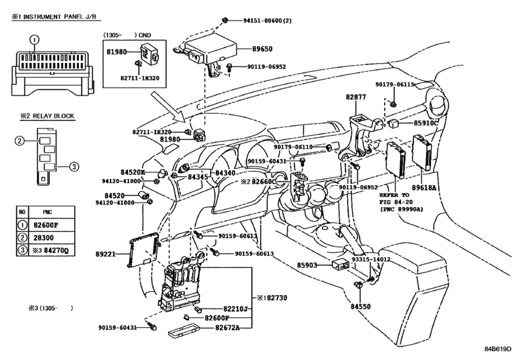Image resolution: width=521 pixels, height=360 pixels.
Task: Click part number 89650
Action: click(x=262, y=49)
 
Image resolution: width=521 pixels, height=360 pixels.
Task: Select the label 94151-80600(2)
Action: click(x=267, y=21)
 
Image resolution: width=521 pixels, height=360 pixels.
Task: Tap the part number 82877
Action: click(x=356, y=97)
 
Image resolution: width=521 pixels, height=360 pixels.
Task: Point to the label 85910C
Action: click(x=426, y=123)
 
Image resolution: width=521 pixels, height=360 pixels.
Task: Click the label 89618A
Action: click(x=423, y=188)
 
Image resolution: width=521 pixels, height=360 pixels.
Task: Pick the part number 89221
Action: click(x=105, y=254)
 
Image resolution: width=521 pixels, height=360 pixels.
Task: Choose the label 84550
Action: click(x=360, y=307)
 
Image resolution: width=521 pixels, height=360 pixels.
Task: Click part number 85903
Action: click(x=307, y=265)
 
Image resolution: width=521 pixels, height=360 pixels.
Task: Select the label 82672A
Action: click(x=227, y=328)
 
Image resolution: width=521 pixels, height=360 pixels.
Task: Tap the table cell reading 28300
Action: click(x=43, y=238)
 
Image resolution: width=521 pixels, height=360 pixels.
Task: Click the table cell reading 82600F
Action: click(x=46, y=225)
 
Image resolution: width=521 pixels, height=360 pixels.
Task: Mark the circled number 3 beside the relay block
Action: click(x=74, y=166)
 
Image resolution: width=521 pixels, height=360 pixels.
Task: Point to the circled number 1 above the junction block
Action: click(x=35, y=40)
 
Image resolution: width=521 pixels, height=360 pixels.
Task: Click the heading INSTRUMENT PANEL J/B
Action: click(x=61, y=17)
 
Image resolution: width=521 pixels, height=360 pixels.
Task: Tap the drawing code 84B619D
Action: click(x=497, y=348)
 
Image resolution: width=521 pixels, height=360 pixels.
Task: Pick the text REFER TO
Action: click(x=394, y=195)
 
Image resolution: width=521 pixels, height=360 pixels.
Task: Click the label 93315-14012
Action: click(x=371, y=259)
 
